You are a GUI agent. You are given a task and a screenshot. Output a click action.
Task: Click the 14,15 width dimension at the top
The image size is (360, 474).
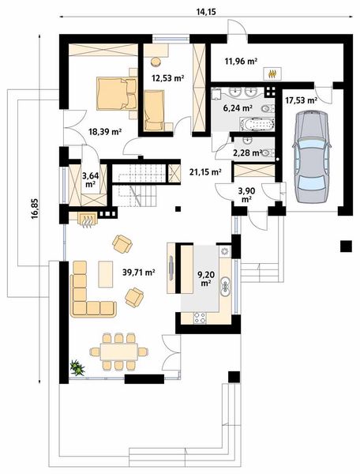point(207,12)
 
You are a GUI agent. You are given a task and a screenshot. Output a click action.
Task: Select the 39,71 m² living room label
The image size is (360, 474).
point(139,273)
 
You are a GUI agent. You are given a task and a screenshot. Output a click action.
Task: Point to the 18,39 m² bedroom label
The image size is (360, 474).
point(105,131)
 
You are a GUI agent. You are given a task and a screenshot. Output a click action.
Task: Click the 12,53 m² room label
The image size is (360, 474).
point(168,78)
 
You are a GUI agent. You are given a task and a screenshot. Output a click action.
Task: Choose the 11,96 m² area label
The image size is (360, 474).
point(241,62)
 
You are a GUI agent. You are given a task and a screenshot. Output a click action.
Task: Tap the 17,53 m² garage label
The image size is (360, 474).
point(301,100)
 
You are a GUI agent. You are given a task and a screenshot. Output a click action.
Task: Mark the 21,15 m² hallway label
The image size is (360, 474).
point(205,172)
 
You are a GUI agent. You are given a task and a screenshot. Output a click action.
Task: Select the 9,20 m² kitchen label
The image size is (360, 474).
point(206,278)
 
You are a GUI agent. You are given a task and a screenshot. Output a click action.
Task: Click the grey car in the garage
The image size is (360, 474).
point(311,156)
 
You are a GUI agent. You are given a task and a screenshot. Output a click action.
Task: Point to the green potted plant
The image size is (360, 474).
point(77,367)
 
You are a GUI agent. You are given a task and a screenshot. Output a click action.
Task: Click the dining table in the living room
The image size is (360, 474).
point(118,352)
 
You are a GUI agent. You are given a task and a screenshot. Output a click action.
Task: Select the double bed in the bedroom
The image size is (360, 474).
point(117,93)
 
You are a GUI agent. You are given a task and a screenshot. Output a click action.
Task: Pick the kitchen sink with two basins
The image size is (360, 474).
point(225,286)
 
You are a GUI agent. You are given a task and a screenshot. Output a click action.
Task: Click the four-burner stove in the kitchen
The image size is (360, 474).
point(200,318)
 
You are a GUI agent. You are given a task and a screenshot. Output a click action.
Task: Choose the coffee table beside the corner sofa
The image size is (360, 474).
point(106,274)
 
